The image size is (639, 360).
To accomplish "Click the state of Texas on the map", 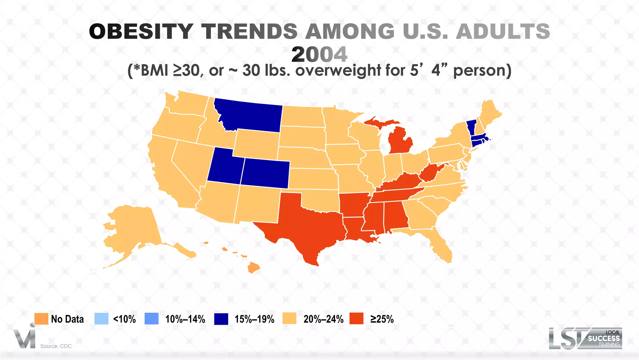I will [x=309, y=225].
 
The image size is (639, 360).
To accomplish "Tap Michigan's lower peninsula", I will [x=401, y=141].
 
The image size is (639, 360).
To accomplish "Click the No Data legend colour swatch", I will [x=41, y=319].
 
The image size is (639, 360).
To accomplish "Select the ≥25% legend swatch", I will [x=356, y=319].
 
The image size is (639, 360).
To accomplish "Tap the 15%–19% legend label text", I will [x=254, y=319].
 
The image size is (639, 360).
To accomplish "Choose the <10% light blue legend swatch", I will [x=101, y=319].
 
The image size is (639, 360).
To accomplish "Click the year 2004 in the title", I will [x=319, y=54].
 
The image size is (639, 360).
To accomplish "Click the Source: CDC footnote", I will [x=56, y=346].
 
